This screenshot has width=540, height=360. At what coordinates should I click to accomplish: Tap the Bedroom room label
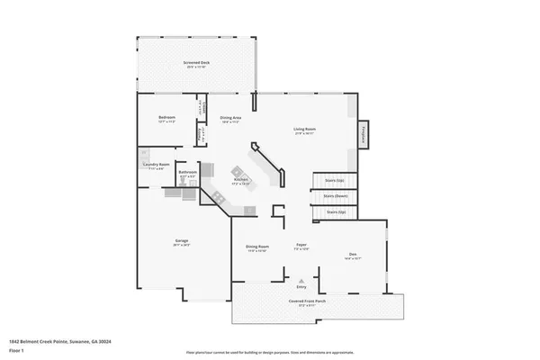pos(166,119)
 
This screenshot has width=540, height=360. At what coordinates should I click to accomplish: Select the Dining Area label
pos(231,119)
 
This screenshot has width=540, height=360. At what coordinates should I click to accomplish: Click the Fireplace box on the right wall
pos(364,132)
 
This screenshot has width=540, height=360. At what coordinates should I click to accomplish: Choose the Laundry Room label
pos(157,165)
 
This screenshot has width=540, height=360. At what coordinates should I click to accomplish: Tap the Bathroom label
pos(187,172)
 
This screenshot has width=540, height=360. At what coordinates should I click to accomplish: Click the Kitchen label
pos(241,181)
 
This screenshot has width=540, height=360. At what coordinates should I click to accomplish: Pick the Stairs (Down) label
pos(336,195)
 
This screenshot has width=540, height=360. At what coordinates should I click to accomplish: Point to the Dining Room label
pos(257,247)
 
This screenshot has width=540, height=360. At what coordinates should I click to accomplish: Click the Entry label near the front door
pos(302,287)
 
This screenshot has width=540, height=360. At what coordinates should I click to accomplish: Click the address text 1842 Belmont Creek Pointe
pos(53,340)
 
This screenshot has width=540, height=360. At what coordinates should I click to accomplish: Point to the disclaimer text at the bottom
pos(269,352)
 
